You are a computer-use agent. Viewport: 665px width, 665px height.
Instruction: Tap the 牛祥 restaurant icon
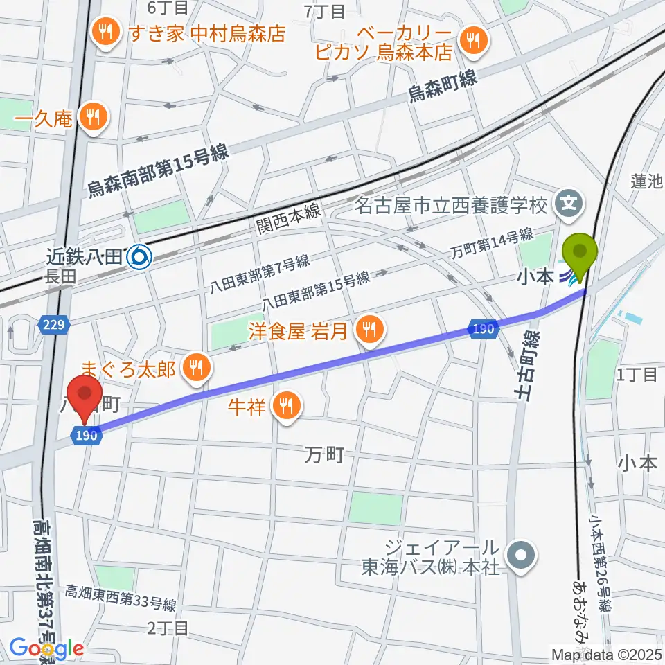(285, 405)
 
